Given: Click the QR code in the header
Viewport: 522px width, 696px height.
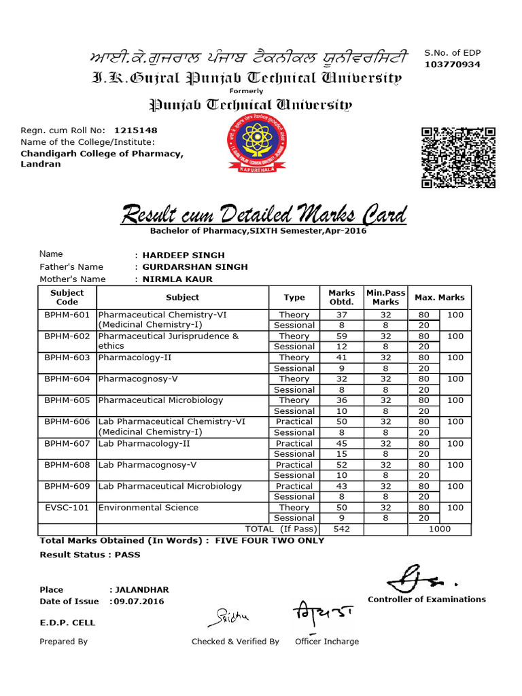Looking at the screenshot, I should point(457,157).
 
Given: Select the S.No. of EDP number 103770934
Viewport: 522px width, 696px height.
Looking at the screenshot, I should point(452,65).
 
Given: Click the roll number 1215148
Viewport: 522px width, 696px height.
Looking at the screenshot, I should point(136,130).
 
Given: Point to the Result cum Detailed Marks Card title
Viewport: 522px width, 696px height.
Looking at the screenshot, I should point(264,215).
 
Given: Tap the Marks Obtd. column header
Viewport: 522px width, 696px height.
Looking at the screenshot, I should point(341,297).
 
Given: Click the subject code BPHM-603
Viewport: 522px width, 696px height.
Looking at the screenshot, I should point(67,358).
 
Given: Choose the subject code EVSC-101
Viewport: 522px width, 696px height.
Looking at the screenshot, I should point(67,508).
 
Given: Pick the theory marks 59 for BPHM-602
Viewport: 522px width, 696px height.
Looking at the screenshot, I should point(341,336).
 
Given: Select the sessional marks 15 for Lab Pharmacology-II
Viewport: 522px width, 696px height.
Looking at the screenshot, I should point(341,454).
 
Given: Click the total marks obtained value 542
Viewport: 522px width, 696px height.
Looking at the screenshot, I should point(341,529).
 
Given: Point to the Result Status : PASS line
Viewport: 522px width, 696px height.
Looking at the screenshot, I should point(90,555).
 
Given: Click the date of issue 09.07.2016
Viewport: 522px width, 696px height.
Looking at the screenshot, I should point(139,602).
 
